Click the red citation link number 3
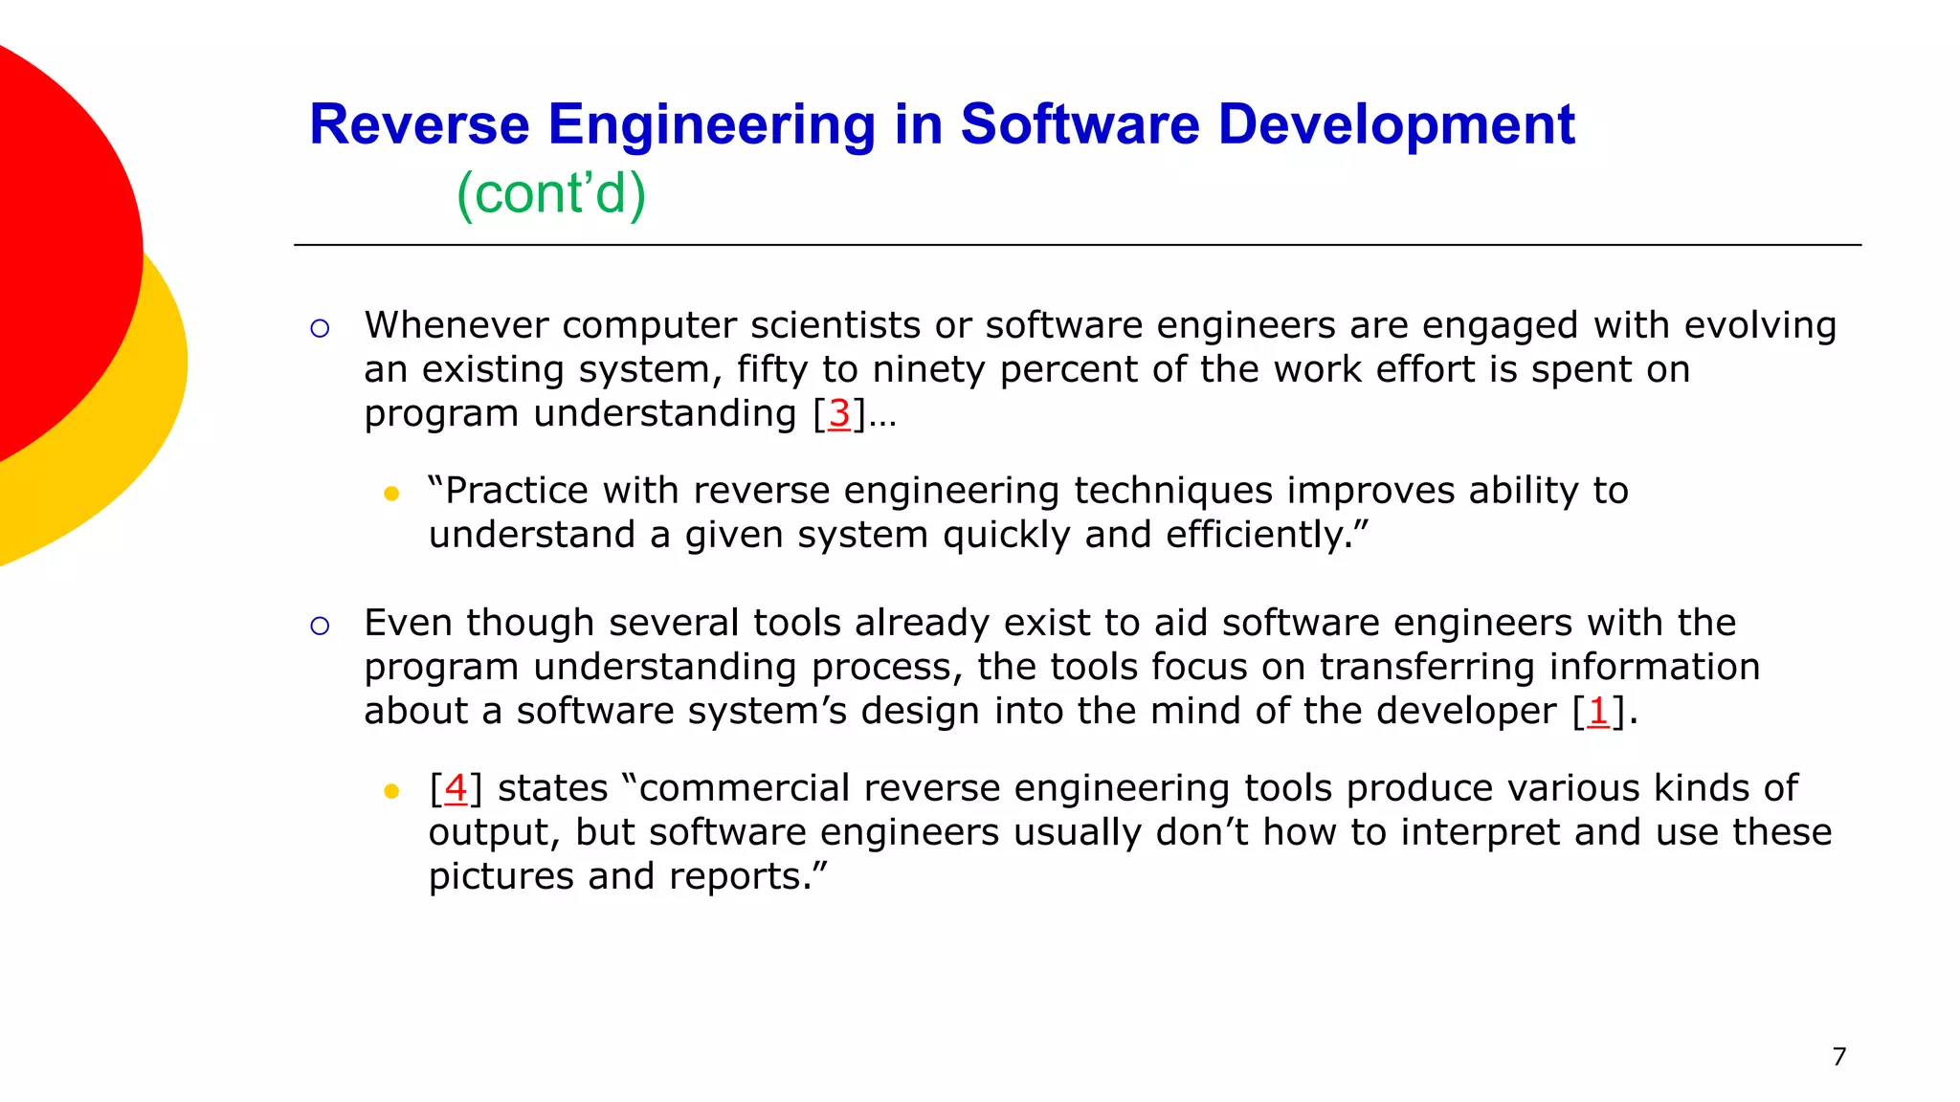click(x=839, y=413)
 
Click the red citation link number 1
click(x=1597, y=711)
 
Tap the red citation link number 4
click(x=456, y=788)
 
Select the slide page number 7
click(x=1838, y=1056)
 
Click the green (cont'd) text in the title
click(x=551, y=193)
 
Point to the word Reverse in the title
click(x=419, y=124)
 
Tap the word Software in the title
click(x=1080, y=124)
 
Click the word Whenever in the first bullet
click(x=456, y=325)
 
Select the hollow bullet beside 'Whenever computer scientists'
click(x=320, y=329)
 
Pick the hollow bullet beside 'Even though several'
click(x=320, y=627)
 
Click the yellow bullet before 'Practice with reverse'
click(x=390, y=494)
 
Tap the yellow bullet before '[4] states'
click(x=390, y=791)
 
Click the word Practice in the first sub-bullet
click(x=516, y=491)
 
